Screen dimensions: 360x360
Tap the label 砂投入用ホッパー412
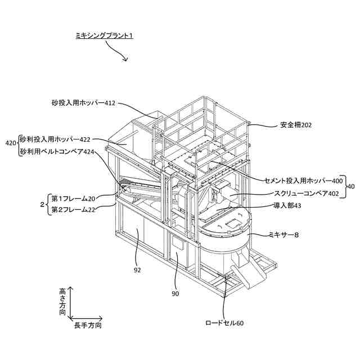click(x=83, y=103)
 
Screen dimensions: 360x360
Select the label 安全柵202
click(x=295, y=125)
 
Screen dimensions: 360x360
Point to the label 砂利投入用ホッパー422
click(x=55, y=139)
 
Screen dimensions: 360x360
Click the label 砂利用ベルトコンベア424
click(x=57, y=151)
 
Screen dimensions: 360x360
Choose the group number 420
click(x=10, y=144)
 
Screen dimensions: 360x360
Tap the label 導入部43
click(x=287, y=206)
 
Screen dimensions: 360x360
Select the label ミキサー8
click(x=287, y=235)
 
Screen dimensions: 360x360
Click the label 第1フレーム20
click(x=73, y=198)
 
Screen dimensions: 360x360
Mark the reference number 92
click(x=137, y=269)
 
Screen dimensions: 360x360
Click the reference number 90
click(x=175, y=293)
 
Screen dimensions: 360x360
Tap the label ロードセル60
click(x=224, y=323)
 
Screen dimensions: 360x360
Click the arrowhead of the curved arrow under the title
click(x=125, y=59)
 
